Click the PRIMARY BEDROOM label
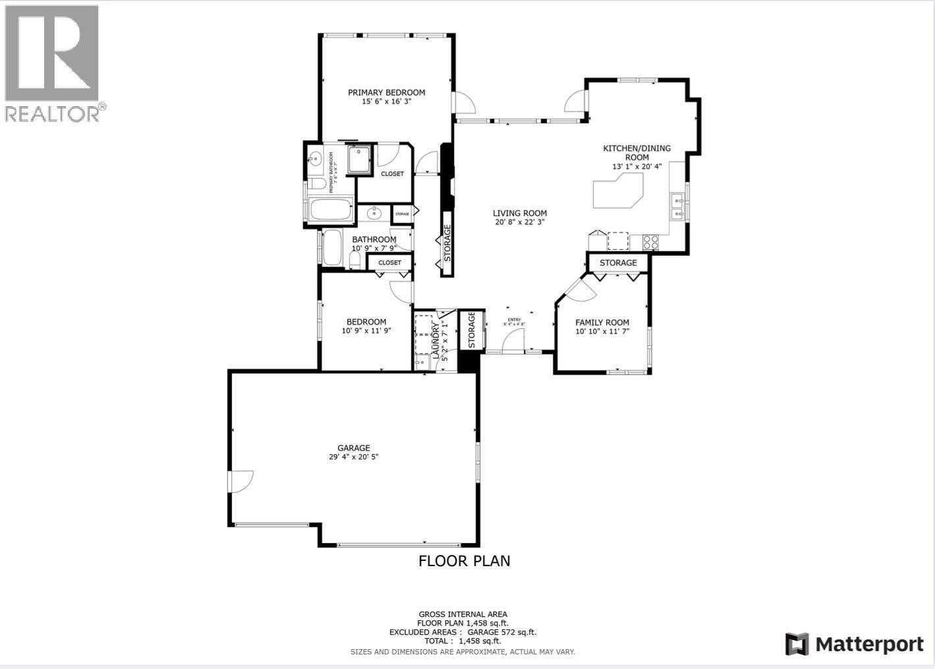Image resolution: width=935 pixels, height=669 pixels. click(x=386, y=92)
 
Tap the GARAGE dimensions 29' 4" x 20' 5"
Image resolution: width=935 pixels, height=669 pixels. click(x=354, y=457)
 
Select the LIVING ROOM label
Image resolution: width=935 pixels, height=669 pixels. click(x=520, y=213)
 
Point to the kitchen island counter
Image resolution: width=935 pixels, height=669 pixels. click(x=617, y=192)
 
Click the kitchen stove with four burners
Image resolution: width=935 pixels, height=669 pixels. click(x=650, y=242)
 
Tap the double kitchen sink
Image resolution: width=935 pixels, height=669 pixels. click(x=677, y=206)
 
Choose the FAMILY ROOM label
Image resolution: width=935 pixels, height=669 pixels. click(x=602, y=322)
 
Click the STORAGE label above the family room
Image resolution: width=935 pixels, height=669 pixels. click(x=618, y=263)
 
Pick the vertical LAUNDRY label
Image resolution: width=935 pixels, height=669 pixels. click(x=436, y=339)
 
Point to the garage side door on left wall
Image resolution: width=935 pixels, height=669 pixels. click(x=241, y=481)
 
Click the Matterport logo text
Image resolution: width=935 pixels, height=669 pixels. click(x=869, y=644)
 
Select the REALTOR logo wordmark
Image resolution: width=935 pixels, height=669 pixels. click(x=53, y=113)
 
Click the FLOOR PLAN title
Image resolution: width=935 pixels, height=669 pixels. click(x=465, y=561)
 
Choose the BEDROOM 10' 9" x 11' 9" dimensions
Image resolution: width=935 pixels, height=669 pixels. click(x=366, y=331)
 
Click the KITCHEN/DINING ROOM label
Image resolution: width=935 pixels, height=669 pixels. click(x=637, y=152)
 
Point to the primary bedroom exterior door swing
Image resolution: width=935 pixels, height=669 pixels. click(x=463, y=102)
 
